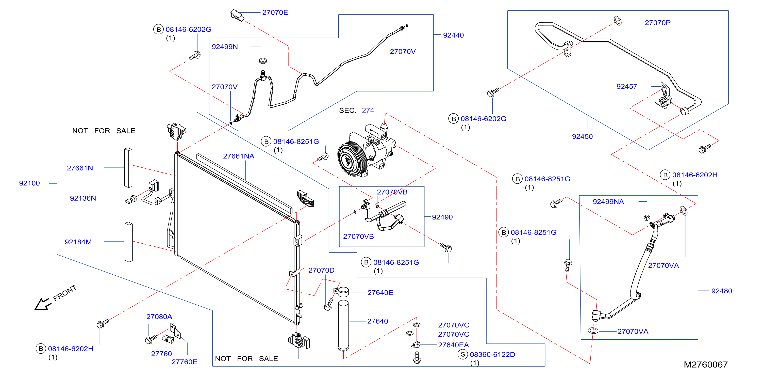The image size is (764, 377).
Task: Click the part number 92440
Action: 453,35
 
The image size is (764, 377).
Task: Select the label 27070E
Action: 275,12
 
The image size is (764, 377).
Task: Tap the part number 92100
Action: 29,183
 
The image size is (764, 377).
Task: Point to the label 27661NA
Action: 238,156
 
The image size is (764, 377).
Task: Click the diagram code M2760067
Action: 706,365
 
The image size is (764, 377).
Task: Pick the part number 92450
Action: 582,137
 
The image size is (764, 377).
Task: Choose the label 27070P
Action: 658,23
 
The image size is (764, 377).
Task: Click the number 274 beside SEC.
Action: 368,111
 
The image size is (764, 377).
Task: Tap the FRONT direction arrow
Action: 42,304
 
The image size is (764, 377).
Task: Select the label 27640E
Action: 380,293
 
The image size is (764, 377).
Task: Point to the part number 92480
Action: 721,291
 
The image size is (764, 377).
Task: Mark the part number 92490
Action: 442,217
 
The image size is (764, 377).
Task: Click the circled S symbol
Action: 463,354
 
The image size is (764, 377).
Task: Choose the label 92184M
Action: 78,242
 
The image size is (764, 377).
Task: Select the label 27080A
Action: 159,317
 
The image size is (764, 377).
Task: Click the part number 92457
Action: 627,86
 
